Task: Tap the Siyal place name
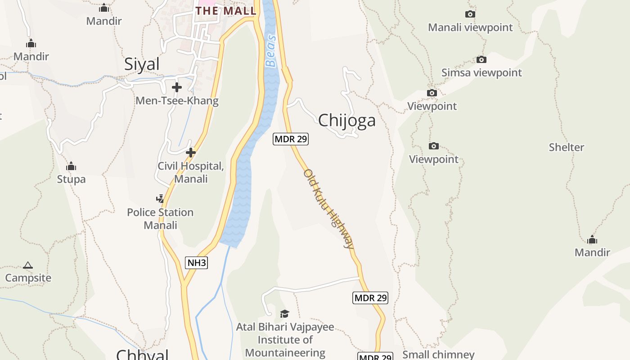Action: [x=142, y=64]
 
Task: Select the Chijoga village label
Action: [x=346, y=120]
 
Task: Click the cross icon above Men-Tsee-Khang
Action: [x=177, y=87]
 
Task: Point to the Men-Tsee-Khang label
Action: [x=177, y=101]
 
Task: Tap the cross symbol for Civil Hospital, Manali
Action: [x=191, y=153]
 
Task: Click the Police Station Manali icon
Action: [x=160, y=198]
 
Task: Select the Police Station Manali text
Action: [x=160, y=218]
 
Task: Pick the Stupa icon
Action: [x=71, y=166]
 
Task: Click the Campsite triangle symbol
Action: [x=28, y=265]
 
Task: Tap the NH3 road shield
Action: [x=197, y=263]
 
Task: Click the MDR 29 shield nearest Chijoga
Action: [x=291, y=139]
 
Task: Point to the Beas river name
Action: [x=270, y=57]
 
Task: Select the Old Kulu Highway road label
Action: [x=329, y=209]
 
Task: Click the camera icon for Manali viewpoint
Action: [x=470, y=14]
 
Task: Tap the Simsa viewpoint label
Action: [x=481, y=72]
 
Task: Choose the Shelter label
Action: [x=566, y=147]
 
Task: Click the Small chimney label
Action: [x=438, y=355]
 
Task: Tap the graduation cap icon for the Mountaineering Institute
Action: [x=284, y=314]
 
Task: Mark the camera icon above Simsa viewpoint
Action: [x=481, y=59]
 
